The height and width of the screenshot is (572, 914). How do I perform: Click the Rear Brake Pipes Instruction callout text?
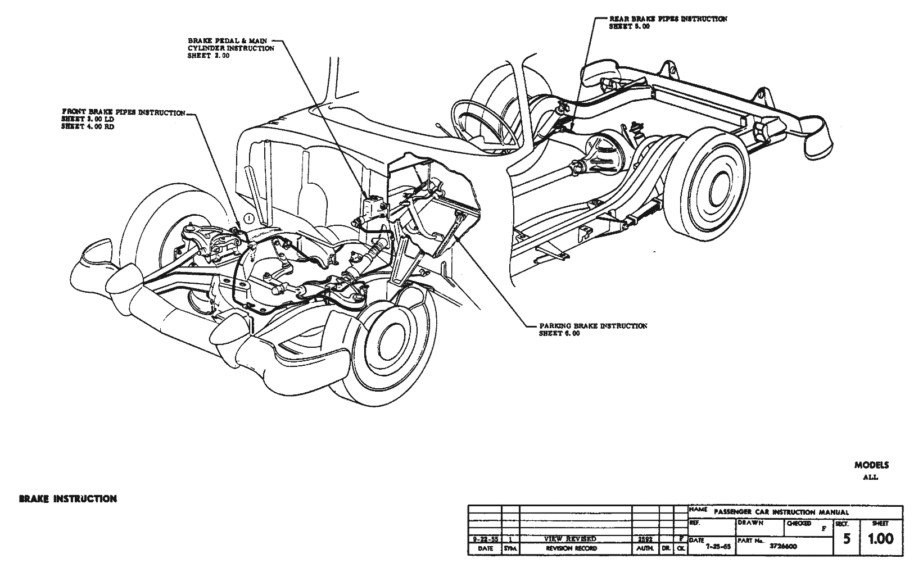click(x=668, y=22)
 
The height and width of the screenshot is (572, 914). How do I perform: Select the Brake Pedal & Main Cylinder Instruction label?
click(x=231, y=48)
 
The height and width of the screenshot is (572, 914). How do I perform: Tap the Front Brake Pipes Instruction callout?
click(x=123, y=119)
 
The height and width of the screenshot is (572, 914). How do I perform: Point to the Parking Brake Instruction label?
click(x=592, y=329)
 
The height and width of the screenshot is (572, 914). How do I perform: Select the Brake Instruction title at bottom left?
click(x=68, y=498)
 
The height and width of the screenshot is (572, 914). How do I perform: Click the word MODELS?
click(x=871, y=465)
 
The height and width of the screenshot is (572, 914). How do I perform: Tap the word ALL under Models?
click(x=871, y=478)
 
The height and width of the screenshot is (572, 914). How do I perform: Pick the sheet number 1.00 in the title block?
click(x=880, y=539)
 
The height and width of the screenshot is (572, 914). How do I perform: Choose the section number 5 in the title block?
click(x=846, y=539)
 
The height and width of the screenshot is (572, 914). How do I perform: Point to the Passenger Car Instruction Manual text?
click(x=781, y=512)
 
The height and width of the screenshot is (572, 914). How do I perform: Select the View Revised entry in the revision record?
click(x=570, y=538)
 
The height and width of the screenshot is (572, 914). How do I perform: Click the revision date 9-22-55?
click(x=484, y=538)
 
